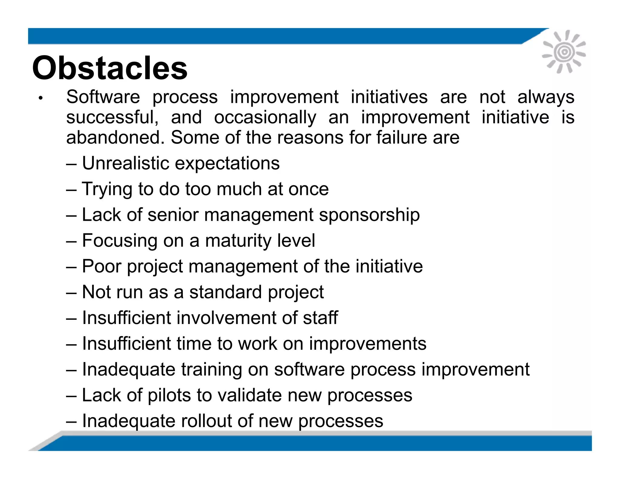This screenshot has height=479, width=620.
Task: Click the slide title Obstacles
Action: pos(110,68)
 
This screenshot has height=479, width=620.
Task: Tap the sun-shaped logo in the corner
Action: pos(564,52)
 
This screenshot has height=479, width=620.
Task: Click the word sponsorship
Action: pos(369,215)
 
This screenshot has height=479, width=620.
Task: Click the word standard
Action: pos(226,292)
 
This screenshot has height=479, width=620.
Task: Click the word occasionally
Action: pos(265,117)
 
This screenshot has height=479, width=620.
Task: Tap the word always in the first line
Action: pos(546,97)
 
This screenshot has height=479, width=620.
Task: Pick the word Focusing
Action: pos(120,241)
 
